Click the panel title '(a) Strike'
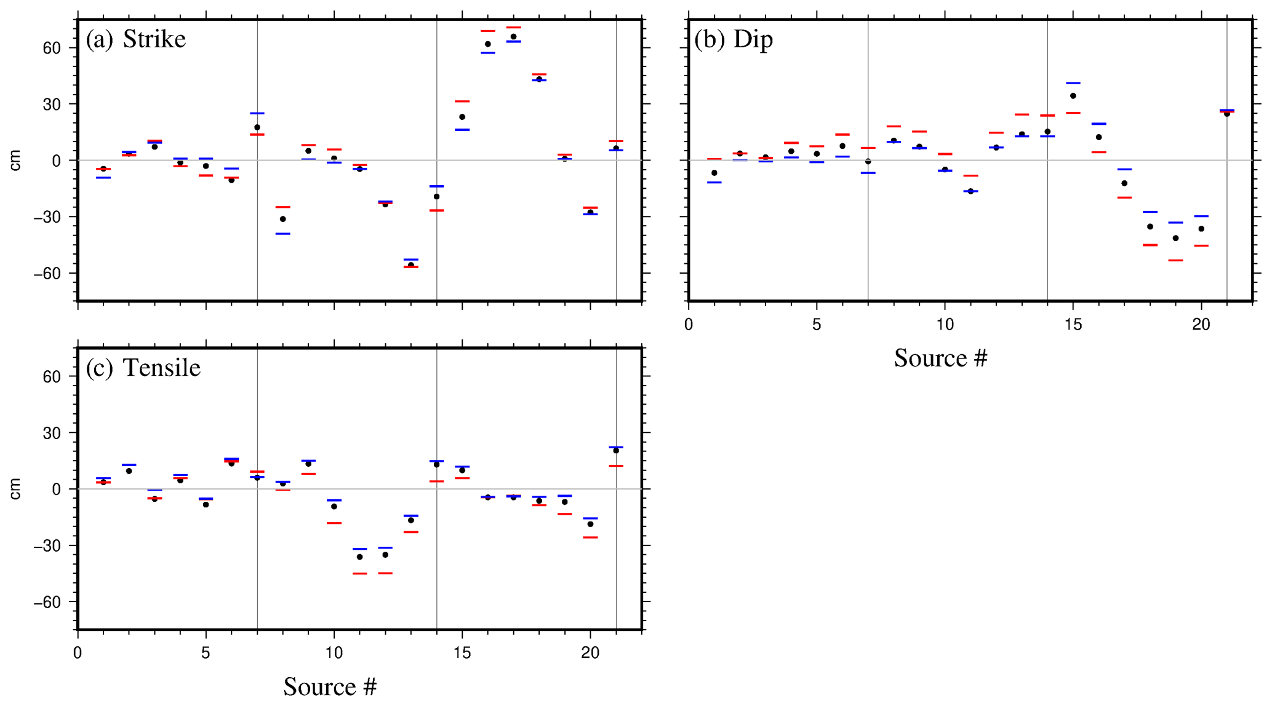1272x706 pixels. coord(135,39)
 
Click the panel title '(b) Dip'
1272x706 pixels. coord(734,39)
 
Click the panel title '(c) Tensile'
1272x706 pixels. coord(143,368)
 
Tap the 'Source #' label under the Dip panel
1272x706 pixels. coord(940,358)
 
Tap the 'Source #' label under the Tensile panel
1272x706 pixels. coord(330,686)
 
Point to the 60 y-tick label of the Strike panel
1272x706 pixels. coord(52,48)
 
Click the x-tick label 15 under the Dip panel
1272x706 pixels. coord(1073,325)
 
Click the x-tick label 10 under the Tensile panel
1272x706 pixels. coord(334,653)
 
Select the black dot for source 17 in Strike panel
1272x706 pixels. coord(513,37)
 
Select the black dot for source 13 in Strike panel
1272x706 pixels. coord(411,265)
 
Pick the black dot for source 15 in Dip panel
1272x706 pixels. coord(1073,96)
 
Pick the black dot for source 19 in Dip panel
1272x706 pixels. coord(1175,238)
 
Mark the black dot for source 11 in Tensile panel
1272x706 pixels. coord(360,557)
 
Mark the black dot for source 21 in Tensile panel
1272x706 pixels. coord(616,451)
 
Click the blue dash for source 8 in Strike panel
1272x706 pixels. coord(283,234)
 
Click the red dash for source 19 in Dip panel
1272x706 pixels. coord(1175,260)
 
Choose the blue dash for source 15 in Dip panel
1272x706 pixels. coord(1073,83)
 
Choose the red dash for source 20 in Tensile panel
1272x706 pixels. coord(591,537)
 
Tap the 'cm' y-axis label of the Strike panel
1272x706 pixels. coord(15,161)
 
